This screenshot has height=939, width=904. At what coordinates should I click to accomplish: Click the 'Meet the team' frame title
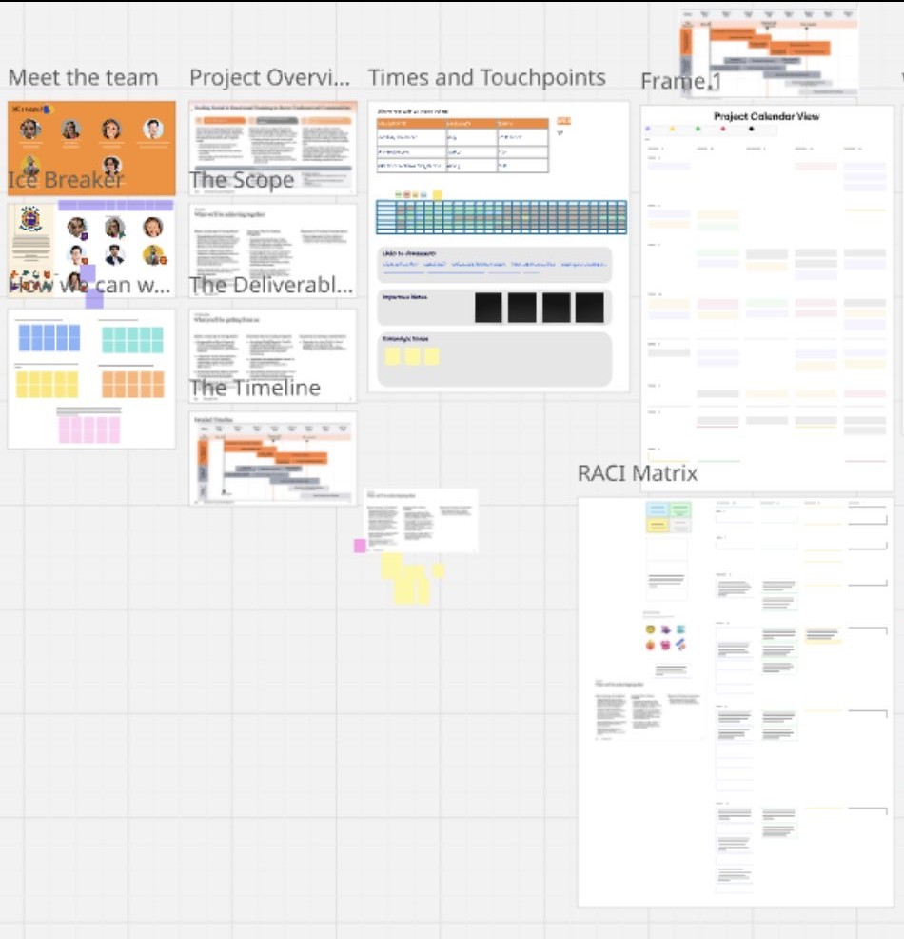coord(83,78)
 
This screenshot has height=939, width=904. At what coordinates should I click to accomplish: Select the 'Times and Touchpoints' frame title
coord(486,78)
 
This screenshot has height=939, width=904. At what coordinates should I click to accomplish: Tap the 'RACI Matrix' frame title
coord(638,473)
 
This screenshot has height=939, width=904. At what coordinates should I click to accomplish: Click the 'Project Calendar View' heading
coord(767,117)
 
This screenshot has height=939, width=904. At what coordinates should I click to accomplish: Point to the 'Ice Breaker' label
coord(66,180)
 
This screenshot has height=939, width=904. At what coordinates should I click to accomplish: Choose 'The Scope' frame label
coord(242,180)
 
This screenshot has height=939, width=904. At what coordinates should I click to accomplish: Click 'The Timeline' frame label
coord(255,388)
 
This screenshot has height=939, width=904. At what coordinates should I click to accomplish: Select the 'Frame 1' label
coord(680,83)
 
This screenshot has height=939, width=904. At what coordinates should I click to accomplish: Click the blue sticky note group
coord(49,338)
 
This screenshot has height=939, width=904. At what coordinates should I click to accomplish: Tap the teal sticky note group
coord(132,339)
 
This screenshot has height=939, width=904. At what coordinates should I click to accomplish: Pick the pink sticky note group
coord(89,430)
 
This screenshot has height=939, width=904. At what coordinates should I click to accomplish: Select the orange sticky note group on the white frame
coord(132,384)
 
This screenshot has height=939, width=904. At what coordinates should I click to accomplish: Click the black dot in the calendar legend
coord(752,129)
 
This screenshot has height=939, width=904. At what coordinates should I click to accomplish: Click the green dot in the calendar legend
coord(698,129)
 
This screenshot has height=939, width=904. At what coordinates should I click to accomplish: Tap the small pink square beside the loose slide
coord(360,546)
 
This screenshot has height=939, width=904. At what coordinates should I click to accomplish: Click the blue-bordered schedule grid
coord(501,217)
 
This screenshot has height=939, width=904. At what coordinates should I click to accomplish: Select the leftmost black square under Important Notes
coord(488,307)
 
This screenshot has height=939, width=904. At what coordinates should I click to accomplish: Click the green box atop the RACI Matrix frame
coord(679,510)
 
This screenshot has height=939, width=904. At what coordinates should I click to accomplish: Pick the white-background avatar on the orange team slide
coord(153,129)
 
